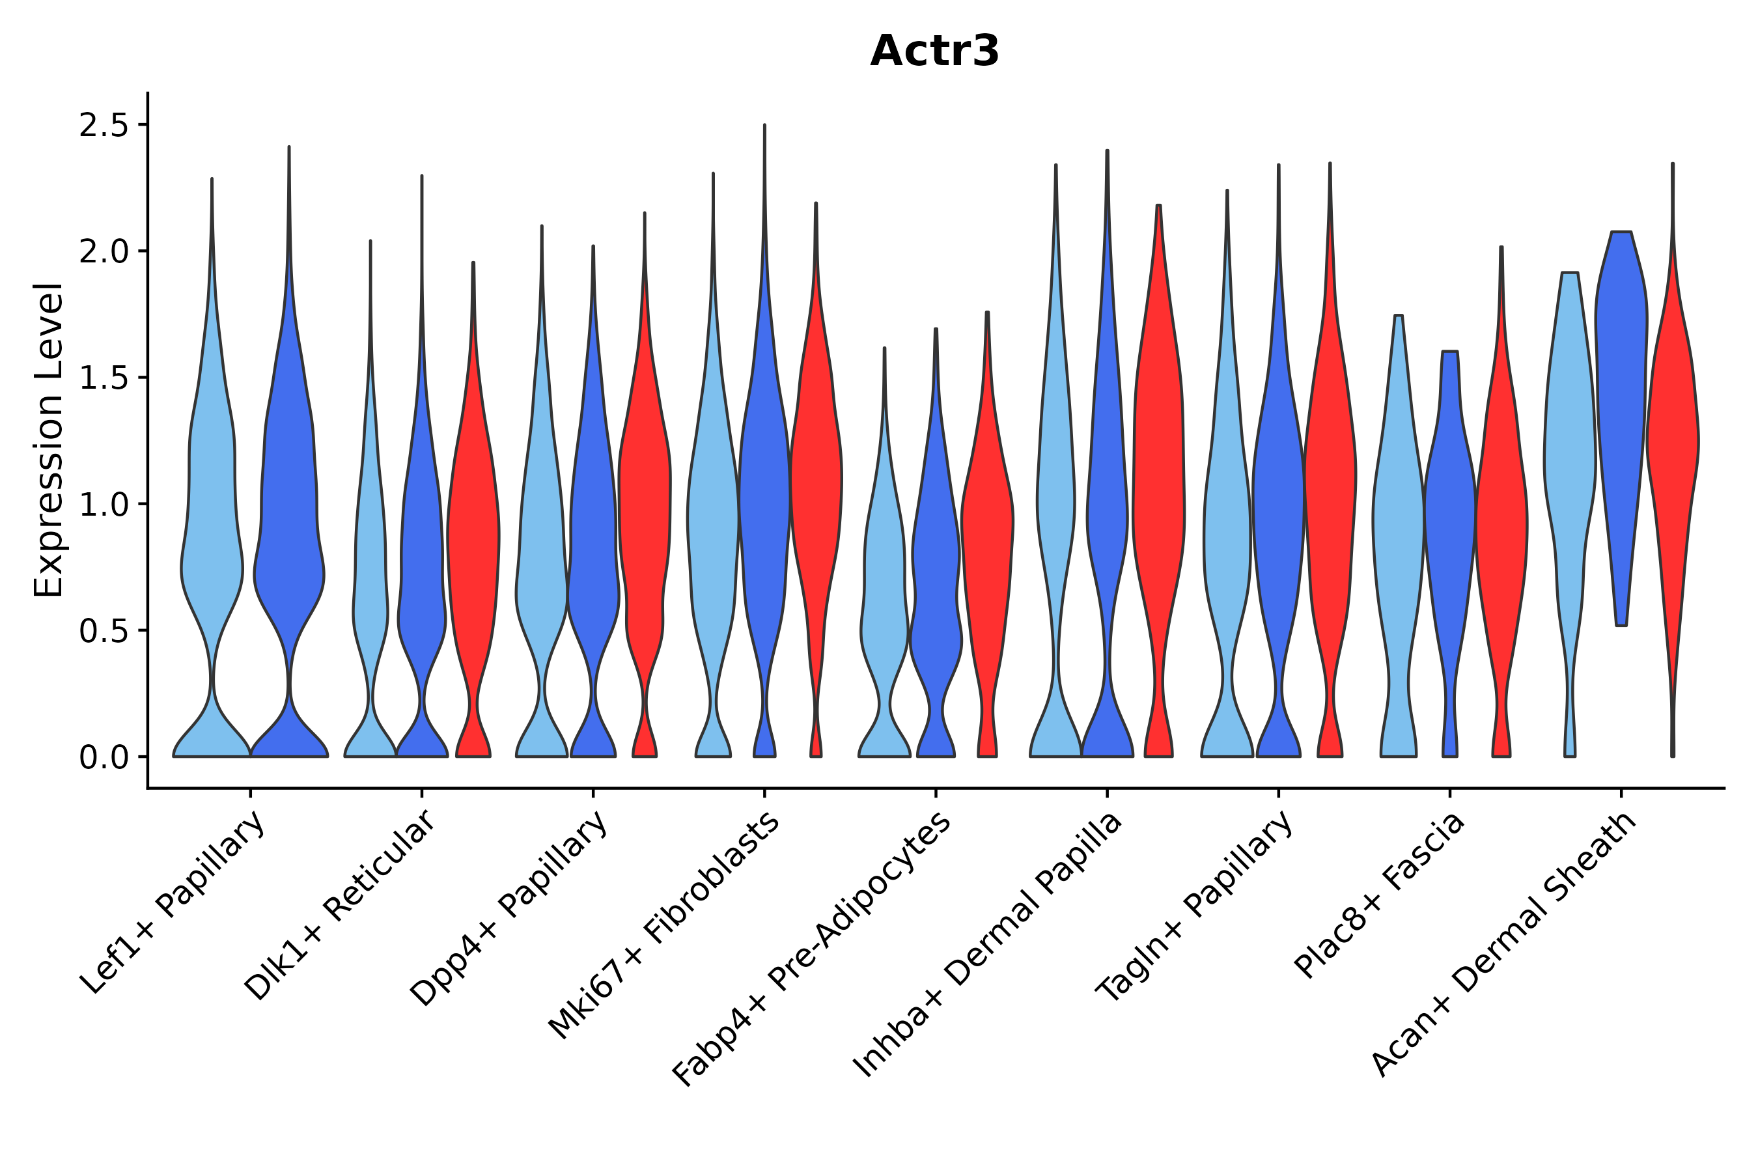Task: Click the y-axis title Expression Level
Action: pyautogui.click(x=49, y=439)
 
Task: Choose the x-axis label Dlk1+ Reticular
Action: pyautogui.click(x=340, y=906)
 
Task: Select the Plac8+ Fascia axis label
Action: pyautogui.click(x=1380, y=895)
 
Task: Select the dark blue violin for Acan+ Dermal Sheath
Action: pyautogui.click(x=1621, y=374)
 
